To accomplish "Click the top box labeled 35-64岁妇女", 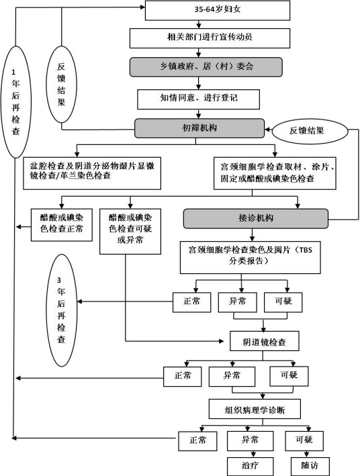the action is (x=218, y=10).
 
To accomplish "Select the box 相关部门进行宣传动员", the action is (x=210, y=38).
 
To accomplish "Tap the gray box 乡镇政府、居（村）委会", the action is (x=206, y=66).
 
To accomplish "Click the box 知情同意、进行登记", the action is (x=198, y=99).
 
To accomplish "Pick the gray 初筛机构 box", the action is (x=199, y=128).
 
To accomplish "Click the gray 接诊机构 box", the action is (x=255, y=218).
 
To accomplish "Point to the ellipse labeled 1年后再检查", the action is (x=16, y=102).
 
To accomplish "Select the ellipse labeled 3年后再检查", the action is (x=61, y=310).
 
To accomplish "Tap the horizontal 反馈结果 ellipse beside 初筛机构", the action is (x=310, y=131).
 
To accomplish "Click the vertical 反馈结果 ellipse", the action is (x=61, y=84).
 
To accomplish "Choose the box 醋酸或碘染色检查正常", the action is (x=62, y=225).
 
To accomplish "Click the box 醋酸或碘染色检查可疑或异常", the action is (x=130, y=232).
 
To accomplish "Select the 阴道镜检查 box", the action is (x=265, y=341).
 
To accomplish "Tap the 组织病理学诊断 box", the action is (x=255, y=409).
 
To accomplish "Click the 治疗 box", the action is (x=250, y=466).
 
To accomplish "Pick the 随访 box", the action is (x=310, y=466).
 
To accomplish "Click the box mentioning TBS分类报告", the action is (x=251, y=257).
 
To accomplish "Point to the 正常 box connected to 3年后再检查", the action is (x=191, y=302).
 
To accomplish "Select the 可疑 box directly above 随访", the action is (x=304, y=441).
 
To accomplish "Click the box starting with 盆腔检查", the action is (x=92, y=173).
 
